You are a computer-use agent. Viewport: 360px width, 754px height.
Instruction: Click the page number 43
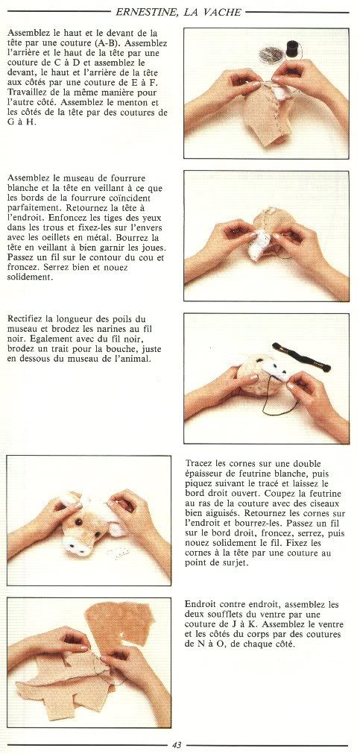(177, 745)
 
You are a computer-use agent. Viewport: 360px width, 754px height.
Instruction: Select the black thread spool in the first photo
(291, 48)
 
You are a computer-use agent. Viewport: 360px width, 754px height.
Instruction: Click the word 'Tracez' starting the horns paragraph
(198, 463)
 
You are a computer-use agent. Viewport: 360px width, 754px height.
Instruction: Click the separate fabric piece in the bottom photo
(119, 621)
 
